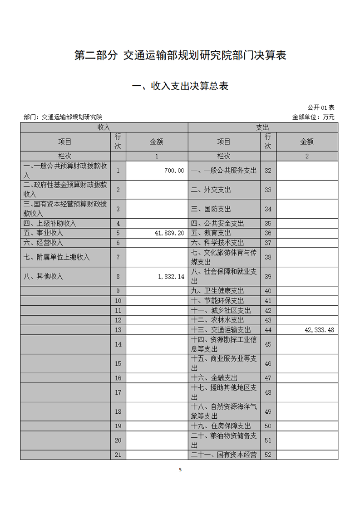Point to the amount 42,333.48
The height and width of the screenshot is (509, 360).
click(x=319, y=330)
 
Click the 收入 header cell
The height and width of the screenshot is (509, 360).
click(x=104, y=127)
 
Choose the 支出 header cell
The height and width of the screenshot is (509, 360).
click(x=263, y=127)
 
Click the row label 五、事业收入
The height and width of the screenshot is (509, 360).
click(x=44, y=233)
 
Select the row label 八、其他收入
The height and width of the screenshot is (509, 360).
click(x=44, y=276)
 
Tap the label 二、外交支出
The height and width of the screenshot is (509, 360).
click(x=211, y=190)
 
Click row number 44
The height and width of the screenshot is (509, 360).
click(x=268, y=330)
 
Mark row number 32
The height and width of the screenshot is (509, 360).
click(x=268, y=171)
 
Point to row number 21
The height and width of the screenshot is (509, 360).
click(x=118, y=455)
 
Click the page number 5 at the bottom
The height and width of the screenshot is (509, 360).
click(x=180, y=470)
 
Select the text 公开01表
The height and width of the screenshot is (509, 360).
click(x=321, y=108)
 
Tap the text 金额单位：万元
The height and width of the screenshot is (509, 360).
click(x=313, y=117)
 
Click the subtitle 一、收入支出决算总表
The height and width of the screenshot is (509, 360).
click(x=180, y=86)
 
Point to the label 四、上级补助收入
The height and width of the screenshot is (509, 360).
click(x=50, y=223)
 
